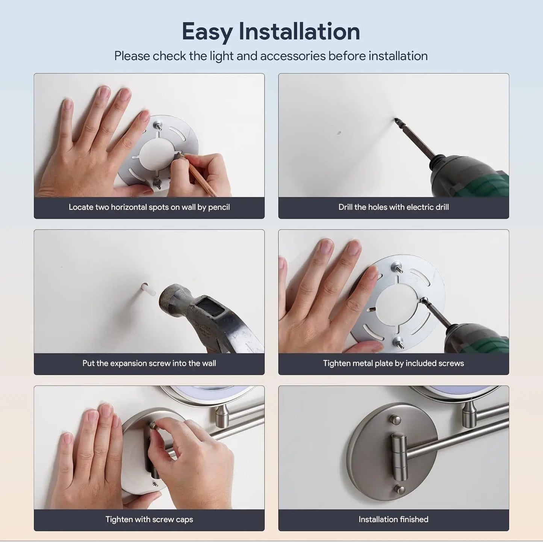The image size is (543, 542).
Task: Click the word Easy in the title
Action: [207, 32]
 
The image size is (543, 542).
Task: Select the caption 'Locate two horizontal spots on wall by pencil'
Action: [149, 207]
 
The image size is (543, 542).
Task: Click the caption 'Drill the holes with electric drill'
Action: [393, 207]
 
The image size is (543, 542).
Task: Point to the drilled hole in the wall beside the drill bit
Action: [339, 133]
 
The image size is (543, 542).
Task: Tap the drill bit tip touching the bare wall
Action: [396, 120]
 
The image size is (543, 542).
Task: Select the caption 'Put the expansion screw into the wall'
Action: [149, 363]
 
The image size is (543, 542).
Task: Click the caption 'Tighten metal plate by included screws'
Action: [393, 363]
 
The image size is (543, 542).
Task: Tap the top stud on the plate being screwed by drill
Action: [397, 267]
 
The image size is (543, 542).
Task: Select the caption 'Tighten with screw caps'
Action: [149, 519]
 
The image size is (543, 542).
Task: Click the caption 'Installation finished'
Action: [393, 519]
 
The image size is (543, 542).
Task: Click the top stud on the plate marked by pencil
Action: [158, 124]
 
